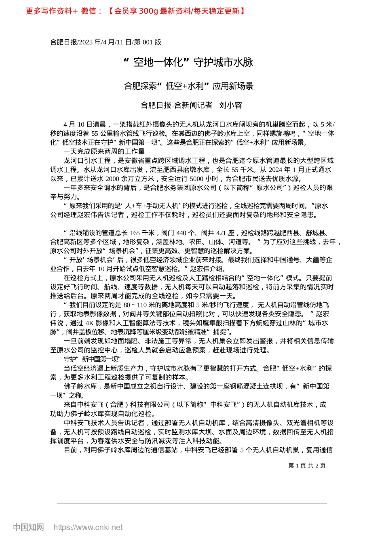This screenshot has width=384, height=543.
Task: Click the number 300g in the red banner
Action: (148, 11)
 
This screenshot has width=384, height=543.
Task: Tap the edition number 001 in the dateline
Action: (148, 42)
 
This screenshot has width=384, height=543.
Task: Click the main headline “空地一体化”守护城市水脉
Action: (188, 62)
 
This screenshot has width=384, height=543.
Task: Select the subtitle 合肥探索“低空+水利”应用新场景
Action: (188, 86)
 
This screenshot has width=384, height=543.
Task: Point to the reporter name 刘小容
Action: (230, 105)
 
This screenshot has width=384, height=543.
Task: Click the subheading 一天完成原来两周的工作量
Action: (104, 152)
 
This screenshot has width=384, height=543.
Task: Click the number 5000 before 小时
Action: (196, 179)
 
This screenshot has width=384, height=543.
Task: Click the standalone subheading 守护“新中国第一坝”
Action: (92, 359)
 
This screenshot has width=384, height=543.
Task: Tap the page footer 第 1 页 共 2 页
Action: (307, 465)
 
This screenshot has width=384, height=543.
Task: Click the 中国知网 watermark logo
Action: (28, 527)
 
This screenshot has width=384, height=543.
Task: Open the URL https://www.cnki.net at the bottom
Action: (88, 527)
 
